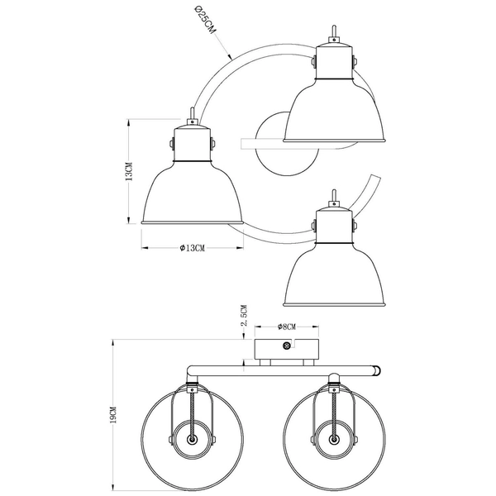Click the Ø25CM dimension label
click(203, 21)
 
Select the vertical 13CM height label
click(117, 172)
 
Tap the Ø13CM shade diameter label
click(192, 248)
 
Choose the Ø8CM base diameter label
click(287, 327)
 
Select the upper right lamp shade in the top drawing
click(335, 112)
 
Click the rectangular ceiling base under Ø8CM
click(286, 348)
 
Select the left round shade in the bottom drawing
click(191, 440)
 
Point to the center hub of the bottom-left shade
click(191, 440)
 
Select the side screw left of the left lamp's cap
click(170, 143)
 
